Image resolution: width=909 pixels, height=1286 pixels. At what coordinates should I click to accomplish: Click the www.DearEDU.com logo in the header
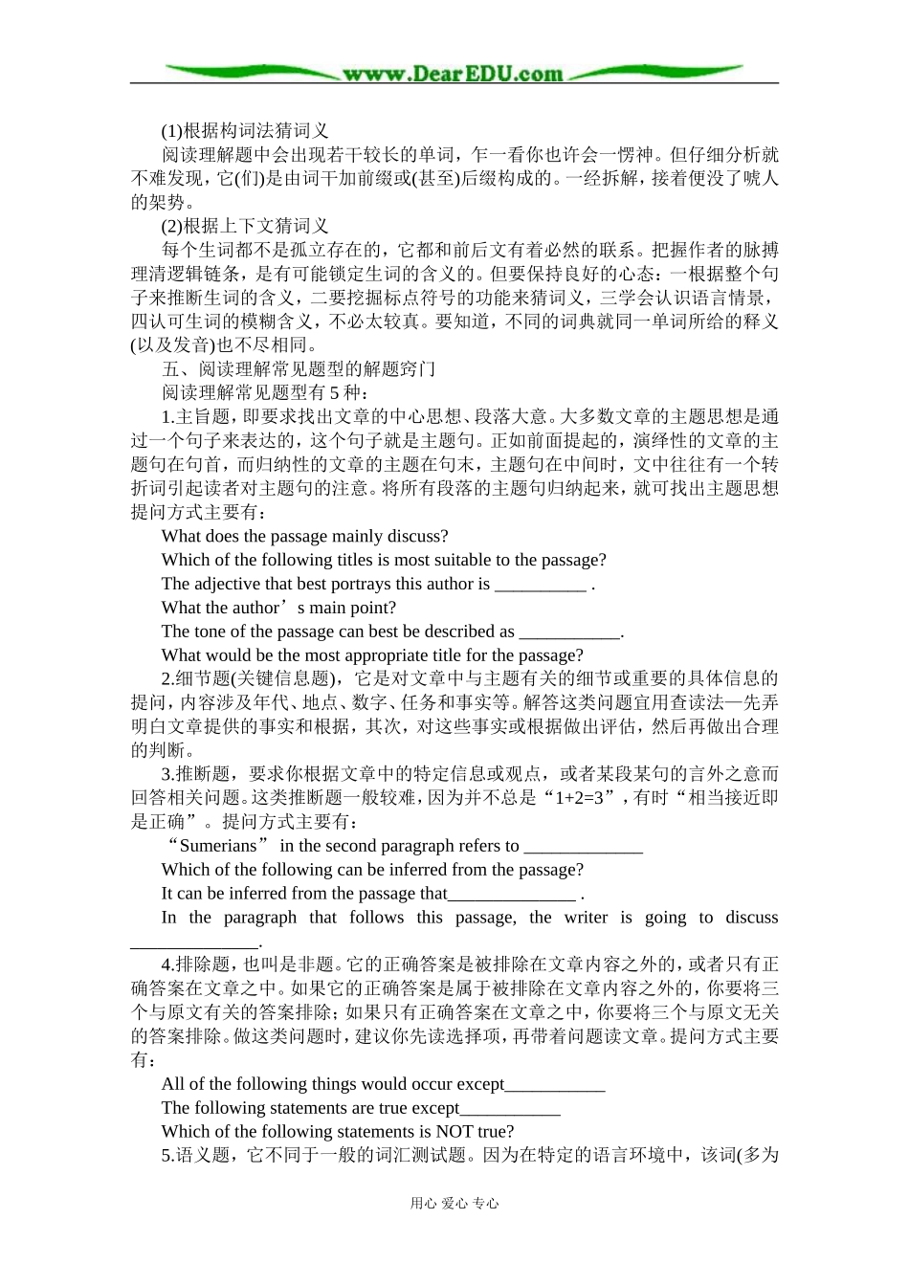(454, 74)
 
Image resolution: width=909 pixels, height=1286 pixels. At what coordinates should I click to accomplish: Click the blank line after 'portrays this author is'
(540, 586)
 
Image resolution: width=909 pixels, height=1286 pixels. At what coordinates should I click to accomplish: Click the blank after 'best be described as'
(569, 633)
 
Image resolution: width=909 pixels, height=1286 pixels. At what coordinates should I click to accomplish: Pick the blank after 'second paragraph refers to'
(584, 848)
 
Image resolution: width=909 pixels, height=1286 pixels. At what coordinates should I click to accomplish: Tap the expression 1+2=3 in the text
(585, 798)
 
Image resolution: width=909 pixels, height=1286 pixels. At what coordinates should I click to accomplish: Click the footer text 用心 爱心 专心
(454, 1204)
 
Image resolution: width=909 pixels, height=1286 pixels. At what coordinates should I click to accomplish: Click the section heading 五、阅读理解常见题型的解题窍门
(299, 369)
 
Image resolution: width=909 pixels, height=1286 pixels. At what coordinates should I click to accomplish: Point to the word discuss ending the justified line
(751, 918)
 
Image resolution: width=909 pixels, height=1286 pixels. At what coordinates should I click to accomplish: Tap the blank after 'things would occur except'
(555, 1086)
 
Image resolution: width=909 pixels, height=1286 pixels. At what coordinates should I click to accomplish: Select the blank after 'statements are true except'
(510, 1110)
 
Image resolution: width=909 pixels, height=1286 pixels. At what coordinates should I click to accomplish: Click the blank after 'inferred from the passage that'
(512, 896)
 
